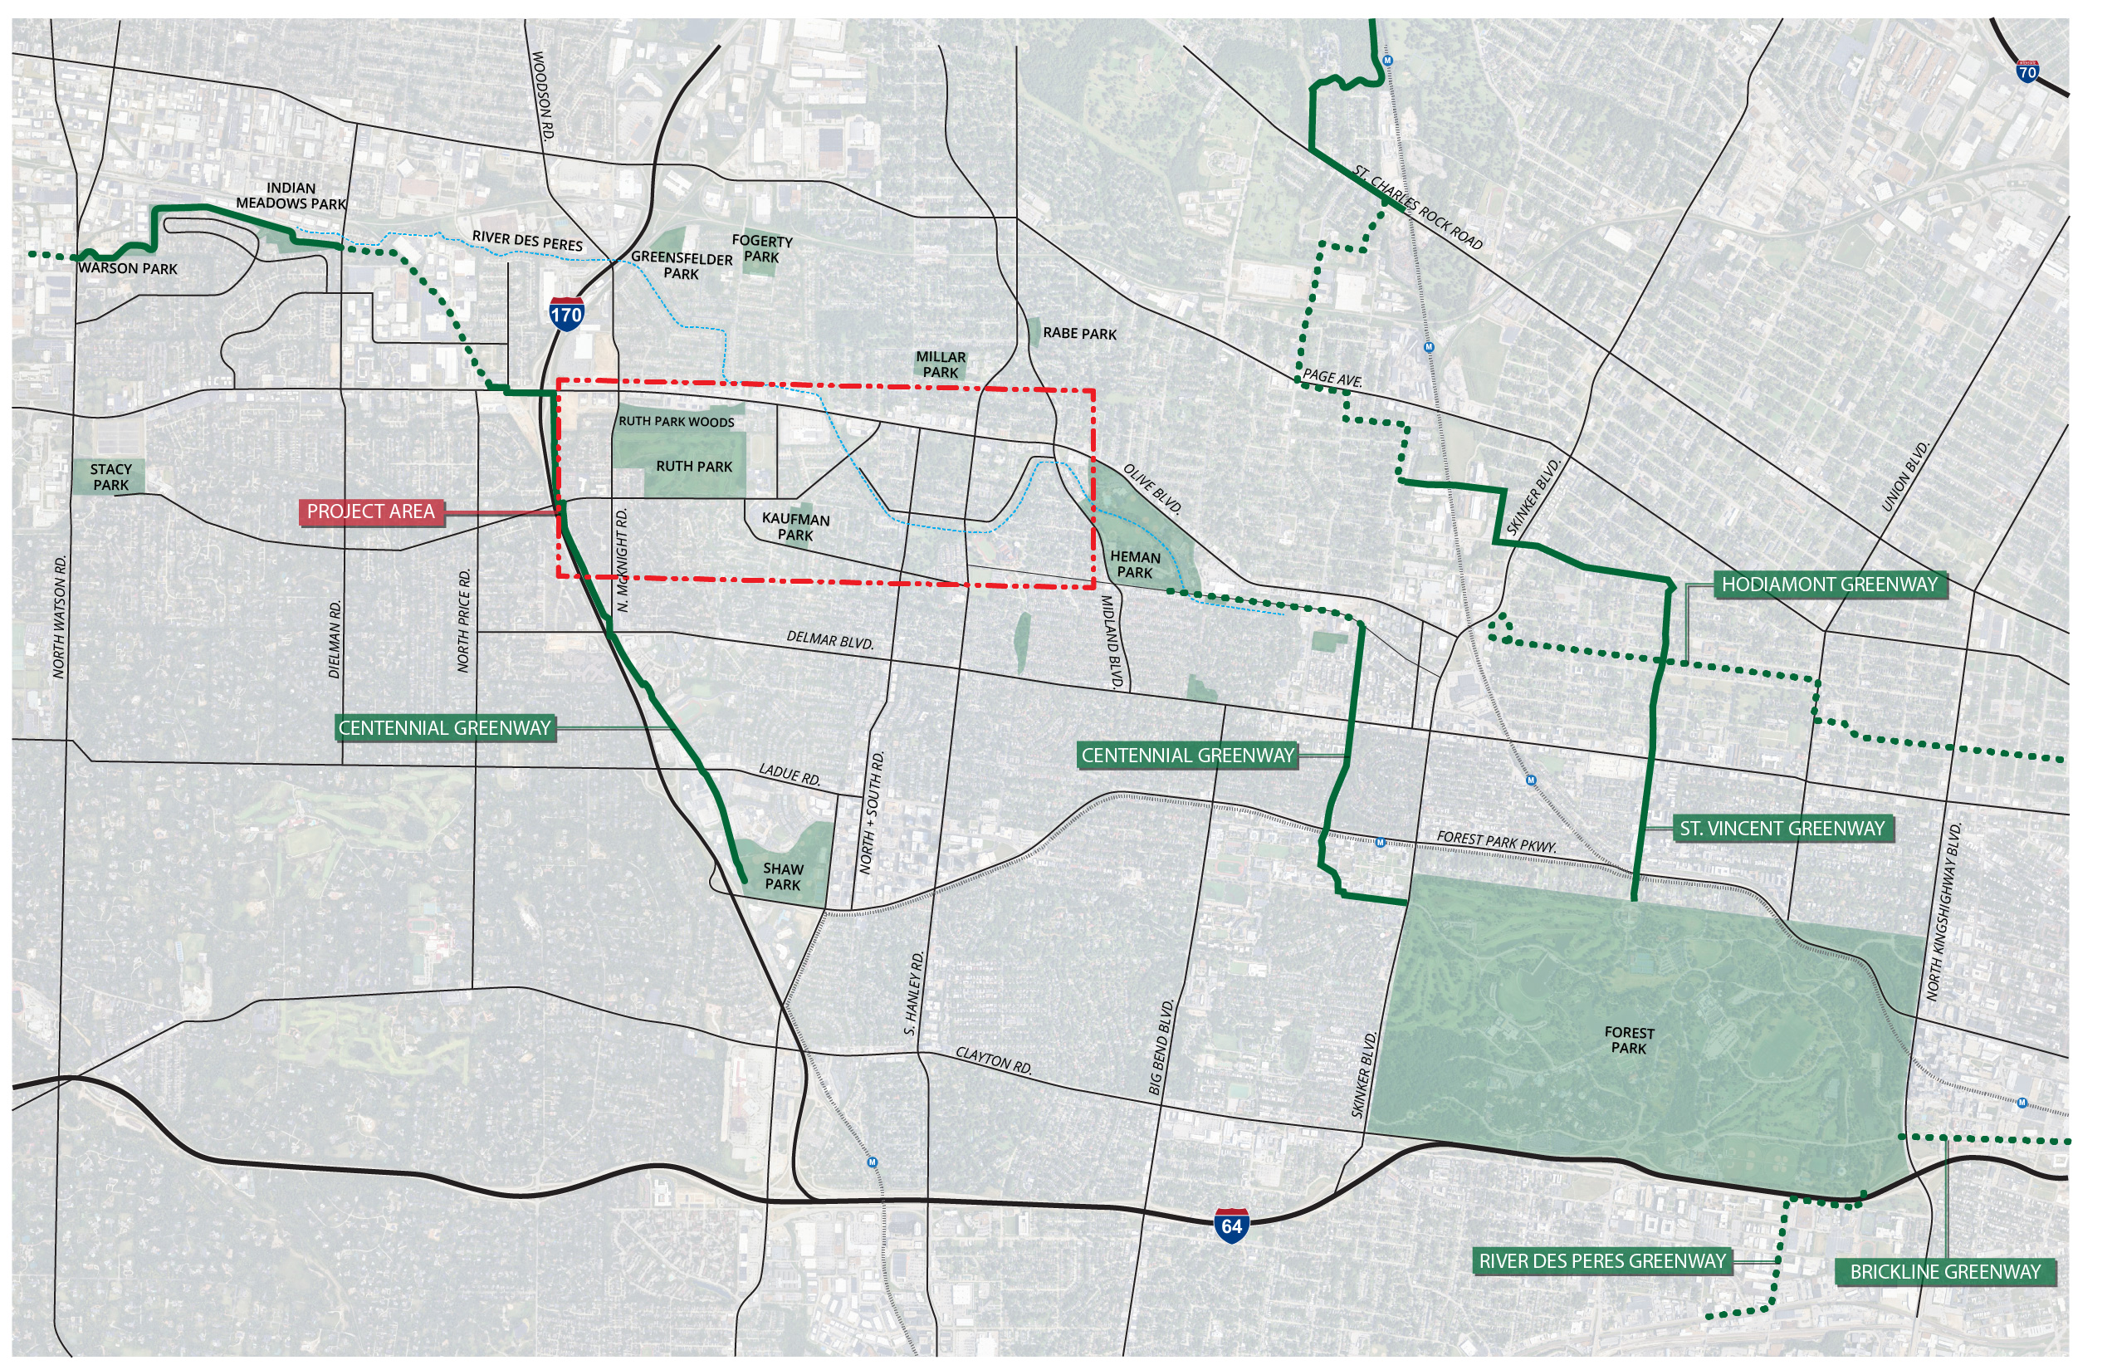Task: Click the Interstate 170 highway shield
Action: pos(565,313)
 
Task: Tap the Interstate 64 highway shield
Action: pos(1231,1225)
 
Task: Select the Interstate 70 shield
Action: pos(2027,71)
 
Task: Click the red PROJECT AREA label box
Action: pos(371,511)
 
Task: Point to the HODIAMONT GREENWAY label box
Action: pos(1829,585)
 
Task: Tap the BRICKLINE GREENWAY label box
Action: pos(1945,1271)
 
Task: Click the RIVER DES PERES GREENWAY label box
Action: pos(1602,1260)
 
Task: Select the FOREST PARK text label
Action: pos(1629,1040)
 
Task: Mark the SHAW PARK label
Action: pos(783,876)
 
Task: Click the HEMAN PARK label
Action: pos(1135,564)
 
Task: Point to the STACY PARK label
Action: pos(111,477)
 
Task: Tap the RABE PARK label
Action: pos(1079,334)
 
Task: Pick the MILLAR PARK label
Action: pos(941,365)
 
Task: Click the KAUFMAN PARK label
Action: pos(795,526)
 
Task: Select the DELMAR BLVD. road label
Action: pos(830,639)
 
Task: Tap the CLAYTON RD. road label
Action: pos(994,1060)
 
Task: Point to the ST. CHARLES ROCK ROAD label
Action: pos(1418,208)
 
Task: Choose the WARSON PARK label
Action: pos(128,269)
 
